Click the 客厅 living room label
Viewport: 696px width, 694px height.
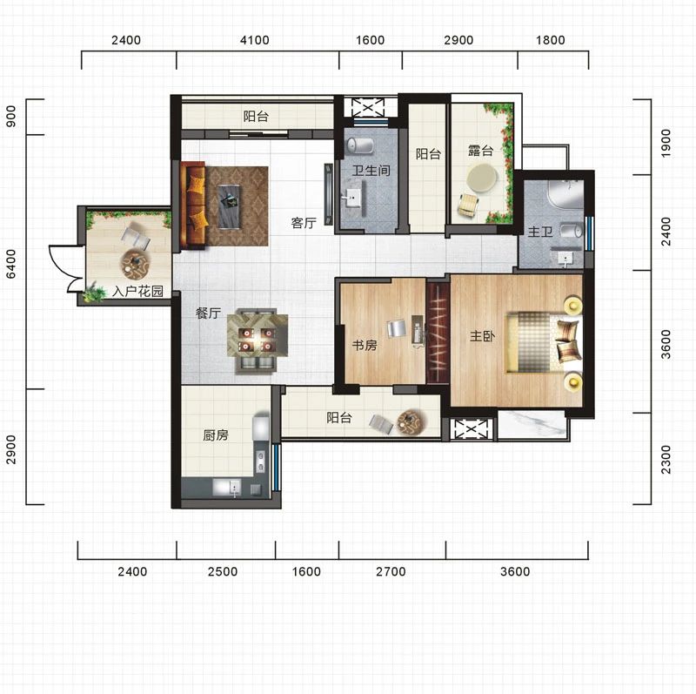pos(304,223)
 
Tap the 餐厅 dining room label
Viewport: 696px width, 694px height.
pos(208,313)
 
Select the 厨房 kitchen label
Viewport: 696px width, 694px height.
pos(215,435)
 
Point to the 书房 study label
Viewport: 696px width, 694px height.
pos(365,345)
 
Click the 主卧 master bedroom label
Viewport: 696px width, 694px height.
pos(482,336)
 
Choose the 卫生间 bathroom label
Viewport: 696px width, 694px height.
pos(371,170)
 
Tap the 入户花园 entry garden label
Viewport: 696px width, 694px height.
pos(137,291)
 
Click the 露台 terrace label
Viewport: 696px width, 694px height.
pos(481,151)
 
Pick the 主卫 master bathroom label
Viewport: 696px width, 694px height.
pos(540,231)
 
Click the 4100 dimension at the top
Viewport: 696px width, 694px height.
pos(254,40)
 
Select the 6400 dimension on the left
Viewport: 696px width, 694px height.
pos(11,264)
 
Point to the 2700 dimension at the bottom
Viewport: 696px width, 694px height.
pos(391,571)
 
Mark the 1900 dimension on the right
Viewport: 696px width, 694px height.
pos(666,143)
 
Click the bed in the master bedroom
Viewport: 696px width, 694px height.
pos(544,341)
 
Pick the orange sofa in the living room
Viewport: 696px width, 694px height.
pos(193,205)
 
